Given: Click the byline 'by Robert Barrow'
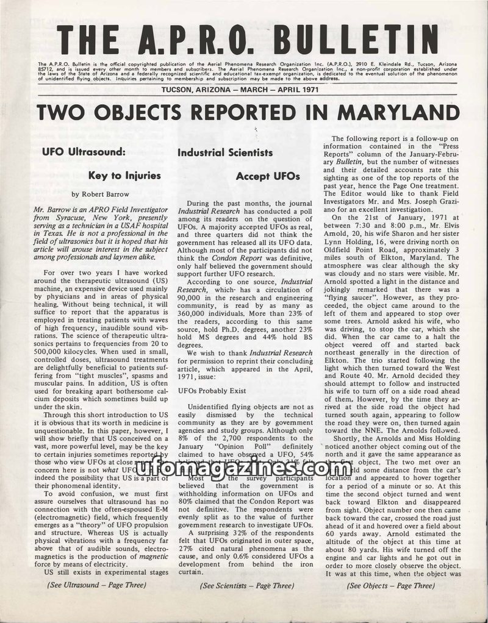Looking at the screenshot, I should coord(100,194).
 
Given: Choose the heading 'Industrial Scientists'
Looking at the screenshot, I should coord(225,153).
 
